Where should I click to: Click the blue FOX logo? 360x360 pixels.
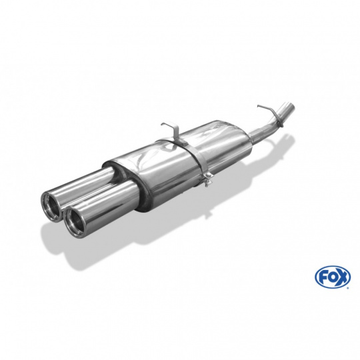click(333, 277)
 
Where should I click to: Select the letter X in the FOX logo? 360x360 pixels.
click(342, 276)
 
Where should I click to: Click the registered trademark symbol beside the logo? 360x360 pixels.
click(349, 287)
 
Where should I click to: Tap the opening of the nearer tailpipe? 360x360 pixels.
click(73, 221)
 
